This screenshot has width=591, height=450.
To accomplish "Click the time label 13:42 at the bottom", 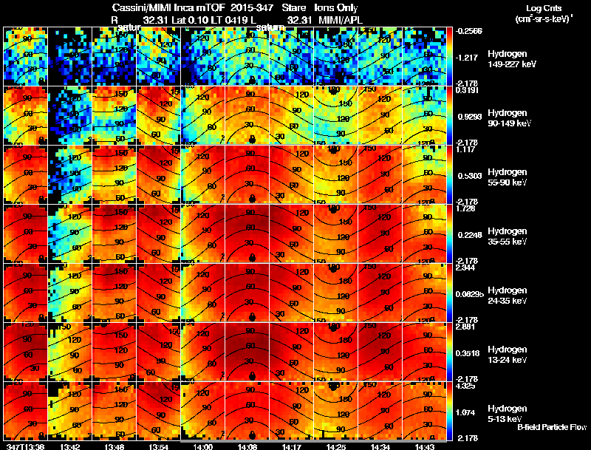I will point(70,446).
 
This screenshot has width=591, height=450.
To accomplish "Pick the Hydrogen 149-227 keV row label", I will point(507,60).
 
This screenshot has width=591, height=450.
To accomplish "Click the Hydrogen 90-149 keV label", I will point(507,117).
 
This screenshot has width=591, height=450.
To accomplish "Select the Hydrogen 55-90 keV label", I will point(507,177).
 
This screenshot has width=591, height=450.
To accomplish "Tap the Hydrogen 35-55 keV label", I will point(507,236).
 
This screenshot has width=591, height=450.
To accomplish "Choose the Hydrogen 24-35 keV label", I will point(507,295).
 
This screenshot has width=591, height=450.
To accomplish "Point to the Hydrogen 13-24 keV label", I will point(507,354).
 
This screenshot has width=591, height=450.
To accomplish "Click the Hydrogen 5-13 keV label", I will point(507,413).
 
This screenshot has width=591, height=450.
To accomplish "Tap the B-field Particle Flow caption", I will point(551,427).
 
